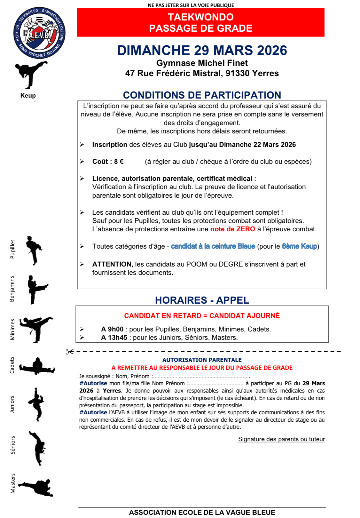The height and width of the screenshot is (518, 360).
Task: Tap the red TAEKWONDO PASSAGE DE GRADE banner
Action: tap(200, 22)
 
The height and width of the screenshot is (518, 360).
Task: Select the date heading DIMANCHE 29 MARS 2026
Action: tap(202, 51)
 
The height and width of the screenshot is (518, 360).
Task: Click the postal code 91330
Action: tap(237, 73)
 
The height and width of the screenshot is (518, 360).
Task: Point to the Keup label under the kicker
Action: tap(28, 95)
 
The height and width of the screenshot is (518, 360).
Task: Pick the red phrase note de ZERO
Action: tap(232, 229)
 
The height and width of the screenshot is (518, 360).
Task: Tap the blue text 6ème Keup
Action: tap(299, 246)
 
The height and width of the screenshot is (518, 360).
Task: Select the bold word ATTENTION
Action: tap(112, 264)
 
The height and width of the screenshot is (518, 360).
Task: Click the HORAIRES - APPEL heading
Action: tap(202, 300)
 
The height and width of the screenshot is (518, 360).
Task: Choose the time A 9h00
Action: tap(112, 329)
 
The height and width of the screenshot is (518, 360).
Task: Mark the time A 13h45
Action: tap(114, 338)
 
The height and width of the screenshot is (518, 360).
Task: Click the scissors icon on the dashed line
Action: tap(70, 352)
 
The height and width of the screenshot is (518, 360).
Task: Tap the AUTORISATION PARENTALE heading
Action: tap(202, 360)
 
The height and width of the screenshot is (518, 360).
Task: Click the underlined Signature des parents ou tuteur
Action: tap(281, 439)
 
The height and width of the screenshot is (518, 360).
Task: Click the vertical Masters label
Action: tap(13, 483)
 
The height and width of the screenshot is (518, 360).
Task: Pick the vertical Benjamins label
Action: tap(12, 289)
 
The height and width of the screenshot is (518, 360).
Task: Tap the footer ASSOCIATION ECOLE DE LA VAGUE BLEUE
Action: tap(202, 512)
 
